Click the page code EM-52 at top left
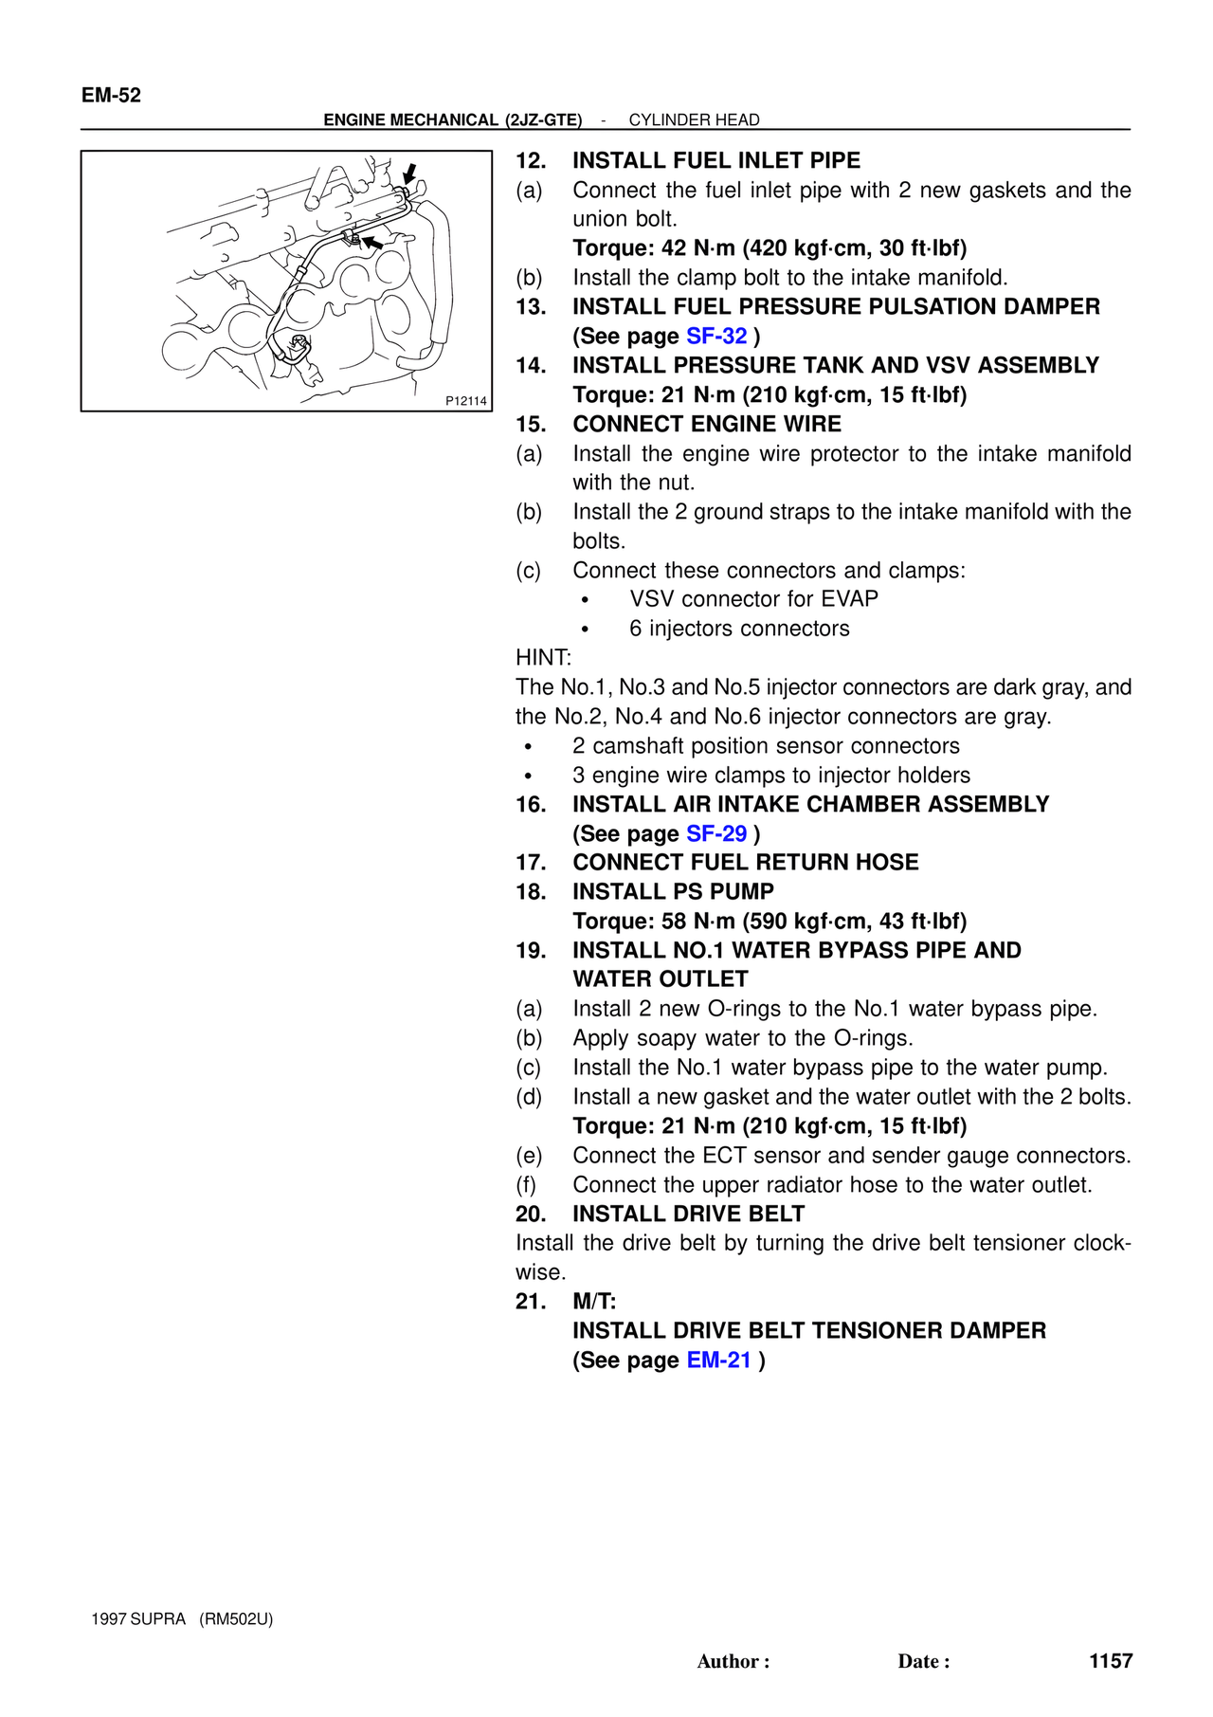[x=111, y=95]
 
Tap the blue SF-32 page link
[x=716, y=336]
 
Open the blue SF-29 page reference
[x=716, y=833]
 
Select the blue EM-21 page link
[x=718, y=1360]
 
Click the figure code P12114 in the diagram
[x=466, y=401]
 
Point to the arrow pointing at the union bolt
[x=410, y=174]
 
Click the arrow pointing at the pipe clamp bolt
[x=373, y=244]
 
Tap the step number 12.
[x=531, y=160]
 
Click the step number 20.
[x=531, y=1214]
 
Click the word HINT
[x=543, y=658]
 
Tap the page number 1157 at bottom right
[x=1111, y=1660]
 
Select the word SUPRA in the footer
[x=157, y=1618]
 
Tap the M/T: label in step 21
[x=594, y=1302]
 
